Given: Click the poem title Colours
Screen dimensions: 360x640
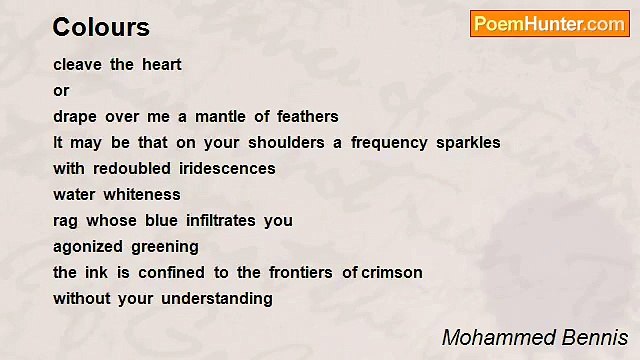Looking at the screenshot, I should pos(101,27).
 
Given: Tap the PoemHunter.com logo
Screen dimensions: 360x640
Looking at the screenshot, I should pos(549,24).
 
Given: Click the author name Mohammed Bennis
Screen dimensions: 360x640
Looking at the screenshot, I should pos(535,337).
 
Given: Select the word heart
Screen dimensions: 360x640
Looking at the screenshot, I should pos(161,65).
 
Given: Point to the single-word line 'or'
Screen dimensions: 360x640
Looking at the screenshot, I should pos(61,91).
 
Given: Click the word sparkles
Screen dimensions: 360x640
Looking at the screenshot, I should pos(468,143).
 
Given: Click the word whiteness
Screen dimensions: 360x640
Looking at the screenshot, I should pos(145,195).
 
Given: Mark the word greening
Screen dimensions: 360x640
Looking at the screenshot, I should pos(165,247).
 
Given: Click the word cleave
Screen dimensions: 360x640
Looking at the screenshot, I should pos(77,65).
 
